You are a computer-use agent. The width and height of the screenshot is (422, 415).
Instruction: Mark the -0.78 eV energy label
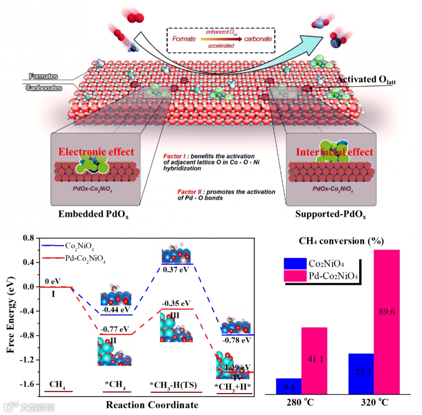(237, 340)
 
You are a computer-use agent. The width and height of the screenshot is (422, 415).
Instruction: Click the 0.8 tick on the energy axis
(28, 238)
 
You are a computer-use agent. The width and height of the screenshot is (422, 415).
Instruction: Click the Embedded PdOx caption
(93, 215)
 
